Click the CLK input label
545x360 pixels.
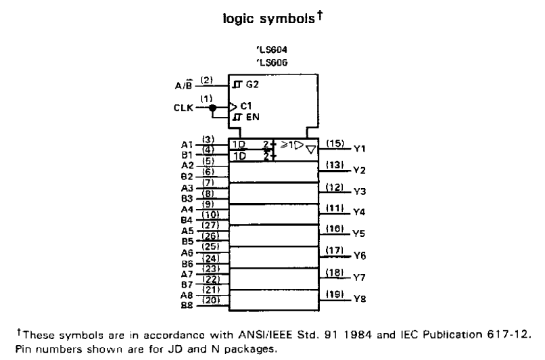click(183, 108)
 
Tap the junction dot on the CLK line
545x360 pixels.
click(213, 108)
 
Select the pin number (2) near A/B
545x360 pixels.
click(206, 81)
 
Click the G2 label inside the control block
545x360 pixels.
click(252, 85)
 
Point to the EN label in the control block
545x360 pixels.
click(253, 117)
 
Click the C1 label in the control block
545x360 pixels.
click(246, 106)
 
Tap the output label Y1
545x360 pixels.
click(360, 149)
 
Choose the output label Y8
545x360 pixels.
click(360, 299)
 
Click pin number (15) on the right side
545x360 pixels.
click(335, 143)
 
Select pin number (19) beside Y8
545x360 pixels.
click(335, 294)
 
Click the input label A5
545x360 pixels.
click(187, 231)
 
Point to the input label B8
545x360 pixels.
click(187, 306)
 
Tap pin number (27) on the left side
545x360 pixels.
click(210, 225)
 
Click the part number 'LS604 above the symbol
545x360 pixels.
click(272, 50)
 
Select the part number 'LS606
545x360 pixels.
click(272, 63)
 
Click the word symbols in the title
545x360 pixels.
click(287, 18)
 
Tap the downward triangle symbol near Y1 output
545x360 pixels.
click(311, 150)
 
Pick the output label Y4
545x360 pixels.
click(359, 212)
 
